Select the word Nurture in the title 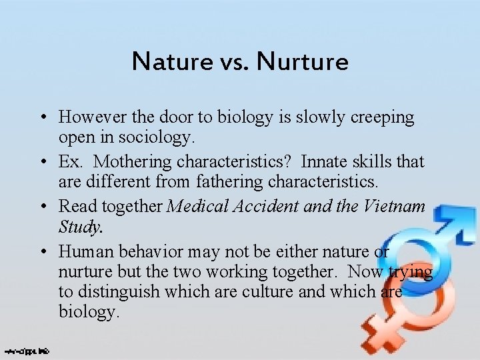tap(303, 62)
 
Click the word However tap(87, 117)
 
